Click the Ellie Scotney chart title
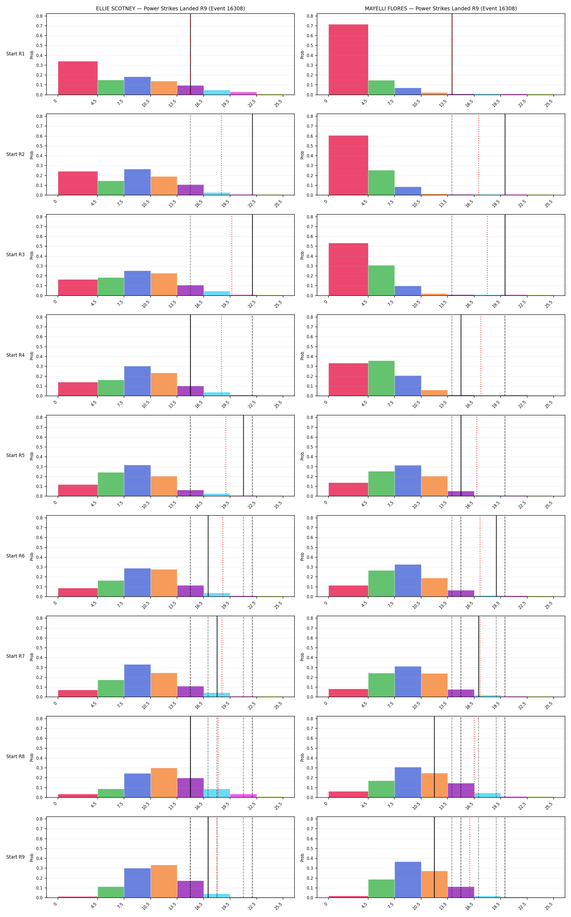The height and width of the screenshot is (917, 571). click(x=170, y=8)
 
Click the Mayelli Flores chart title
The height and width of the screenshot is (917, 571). click(x=441, y=8)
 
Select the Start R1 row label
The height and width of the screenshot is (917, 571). click(x=15, y=54)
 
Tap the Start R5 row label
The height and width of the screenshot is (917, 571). click(x=15, y=455)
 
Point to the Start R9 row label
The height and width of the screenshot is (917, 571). click(x=15, y=857)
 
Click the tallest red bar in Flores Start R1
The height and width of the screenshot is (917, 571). click(x=348, y=60)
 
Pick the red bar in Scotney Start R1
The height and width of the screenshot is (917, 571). click(x=78, y=78)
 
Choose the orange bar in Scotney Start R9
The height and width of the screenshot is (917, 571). click(x=164, y=881)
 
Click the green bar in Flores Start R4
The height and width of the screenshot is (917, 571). click(x=381, y=378)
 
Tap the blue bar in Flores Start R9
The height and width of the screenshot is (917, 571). click(x=408, y=880)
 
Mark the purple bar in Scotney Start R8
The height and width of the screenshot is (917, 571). click(x=190, y=788)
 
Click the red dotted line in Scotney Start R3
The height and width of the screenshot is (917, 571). click(x=231, y=255)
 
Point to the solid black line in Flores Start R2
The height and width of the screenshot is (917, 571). click(x=505, y=155)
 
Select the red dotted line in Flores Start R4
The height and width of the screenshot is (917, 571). click(x=481, y=355)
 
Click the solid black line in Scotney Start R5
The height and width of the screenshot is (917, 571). click(x=244, y=456)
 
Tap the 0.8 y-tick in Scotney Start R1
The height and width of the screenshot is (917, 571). click(x=40, y=16)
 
